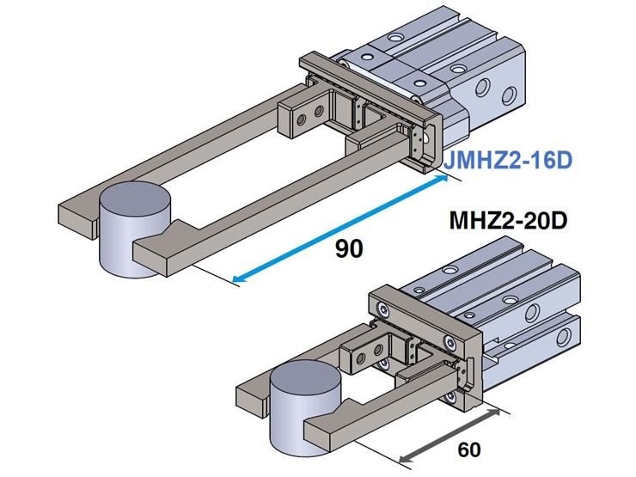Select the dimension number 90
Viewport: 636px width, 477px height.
[349, 248]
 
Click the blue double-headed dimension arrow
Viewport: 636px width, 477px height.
[344, 227]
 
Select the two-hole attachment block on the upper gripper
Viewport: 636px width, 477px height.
[309, 113]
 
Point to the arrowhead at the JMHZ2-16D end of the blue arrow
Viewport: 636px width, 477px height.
[444, 177]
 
